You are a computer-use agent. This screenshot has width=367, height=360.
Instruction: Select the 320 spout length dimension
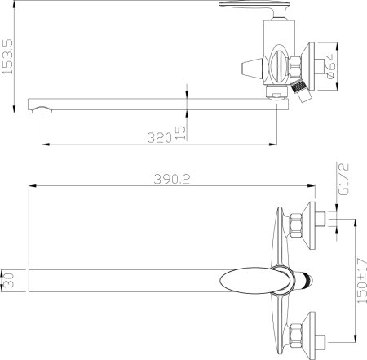pyautogui.click(x=160, y=136)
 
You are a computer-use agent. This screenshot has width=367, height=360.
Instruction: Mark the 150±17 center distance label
pyautogui.click(x=350, y=278)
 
